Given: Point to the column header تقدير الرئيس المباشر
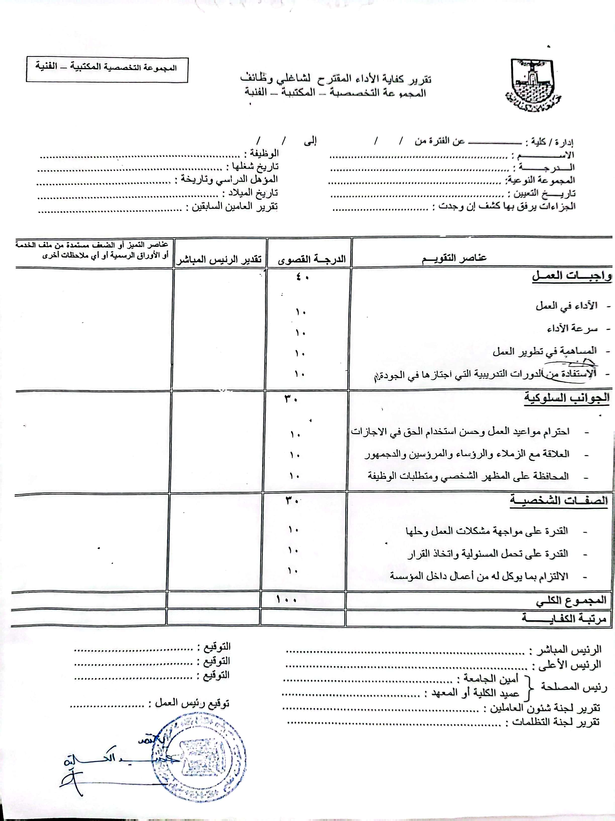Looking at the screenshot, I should [219, 259].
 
